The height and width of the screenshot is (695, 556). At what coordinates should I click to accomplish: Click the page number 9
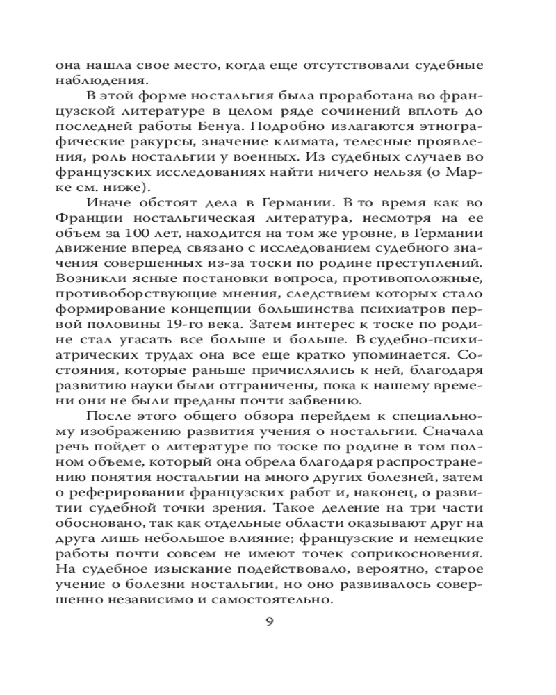[270, 621]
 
